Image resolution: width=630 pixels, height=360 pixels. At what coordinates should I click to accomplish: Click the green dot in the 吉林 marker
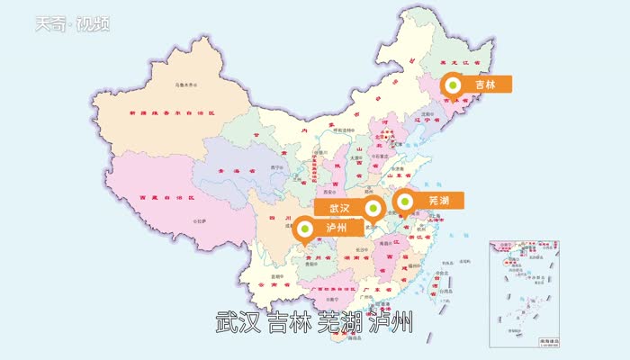[x=454, y=85]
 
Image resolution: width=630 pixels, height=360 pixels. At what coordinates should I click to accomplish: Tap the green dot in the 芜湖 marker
[x=403, y=202]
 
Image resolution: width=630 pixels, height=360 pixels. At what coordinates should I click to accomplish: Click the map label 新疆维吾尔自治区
[x=172, y=114]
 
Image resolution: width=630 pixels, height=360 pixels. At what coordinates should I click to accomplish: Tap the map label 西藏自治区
[x=164, y=198]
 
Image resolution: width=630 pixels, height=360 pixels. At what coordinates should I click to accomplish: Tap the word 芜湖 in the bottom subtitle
[x=342, y=322]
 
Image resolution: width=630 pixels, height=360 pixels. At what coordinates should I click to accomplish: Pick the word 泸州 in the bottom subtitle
[x=392, y=322]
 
